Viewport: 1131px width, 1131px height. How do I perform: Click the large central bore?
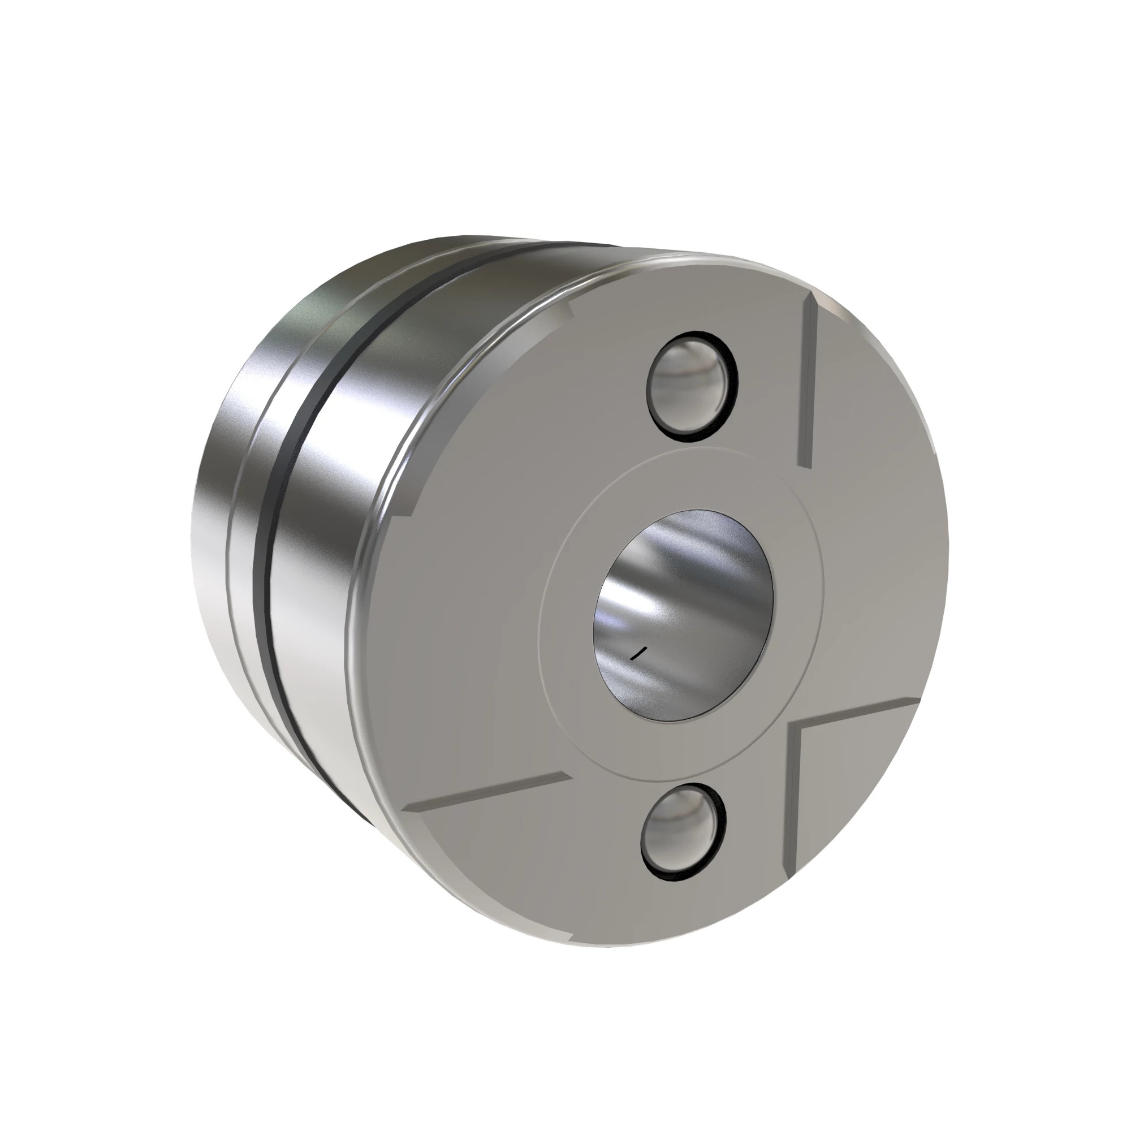click(x=684, y=615)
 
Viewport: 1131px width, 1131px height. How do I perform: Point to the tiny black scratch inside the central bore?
click(x=638, y=653)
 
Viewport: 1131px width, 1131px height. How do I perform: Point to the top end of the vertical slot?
click(x=812, y=299)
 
